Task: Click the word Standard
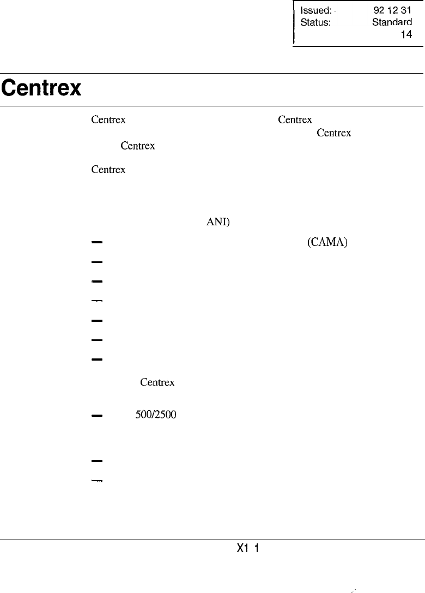point(392,23)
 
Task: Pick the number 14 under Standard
point(406,35)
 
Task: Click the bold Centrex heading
point(41,88)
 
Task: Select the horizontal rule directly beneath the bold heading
point(212,106)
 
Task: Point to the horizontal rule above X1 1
point(212,540)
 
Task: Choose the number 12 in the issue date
point(393,10)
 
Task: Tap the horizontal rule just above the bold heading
point(212,73)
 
